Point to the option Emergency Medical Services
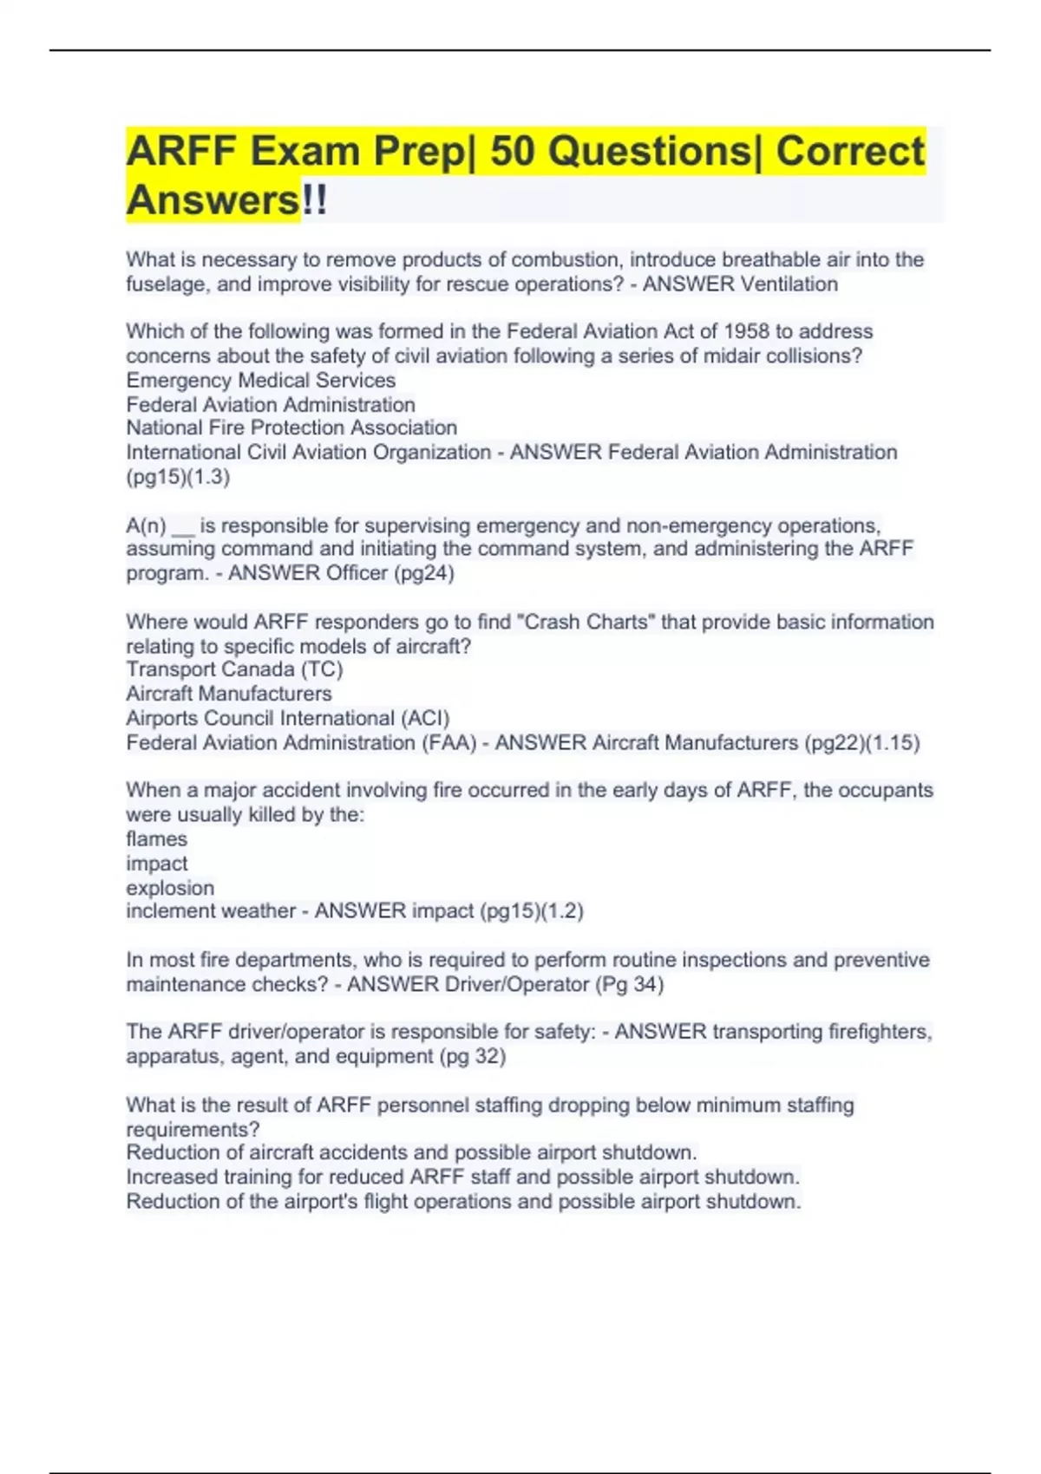click(x=260, y=380)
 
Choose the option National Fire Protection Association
click(x=291, y=427)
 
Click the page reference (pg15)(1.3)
click(x=178, y=477)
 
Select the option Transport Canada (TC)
click(x=234, y=669)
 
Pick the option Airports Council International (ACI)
click(x=288, y=718)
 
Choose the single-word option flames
click(x=156, y=839)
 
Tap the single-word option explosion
click(x=170, y=888)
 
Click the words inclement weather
click(x=211, y=911)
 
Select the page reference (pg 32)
click(x=472, y=1057)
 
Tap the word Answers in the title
click(x=213, y=200)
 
